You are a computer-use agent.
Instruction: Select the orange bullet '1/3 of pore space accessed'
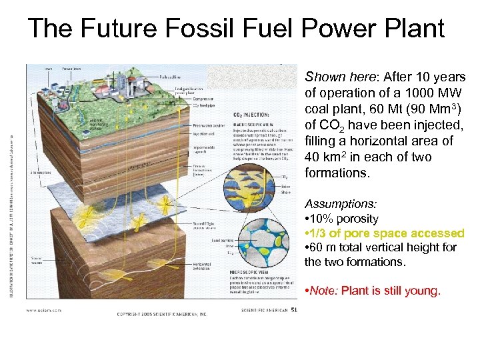385,233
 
